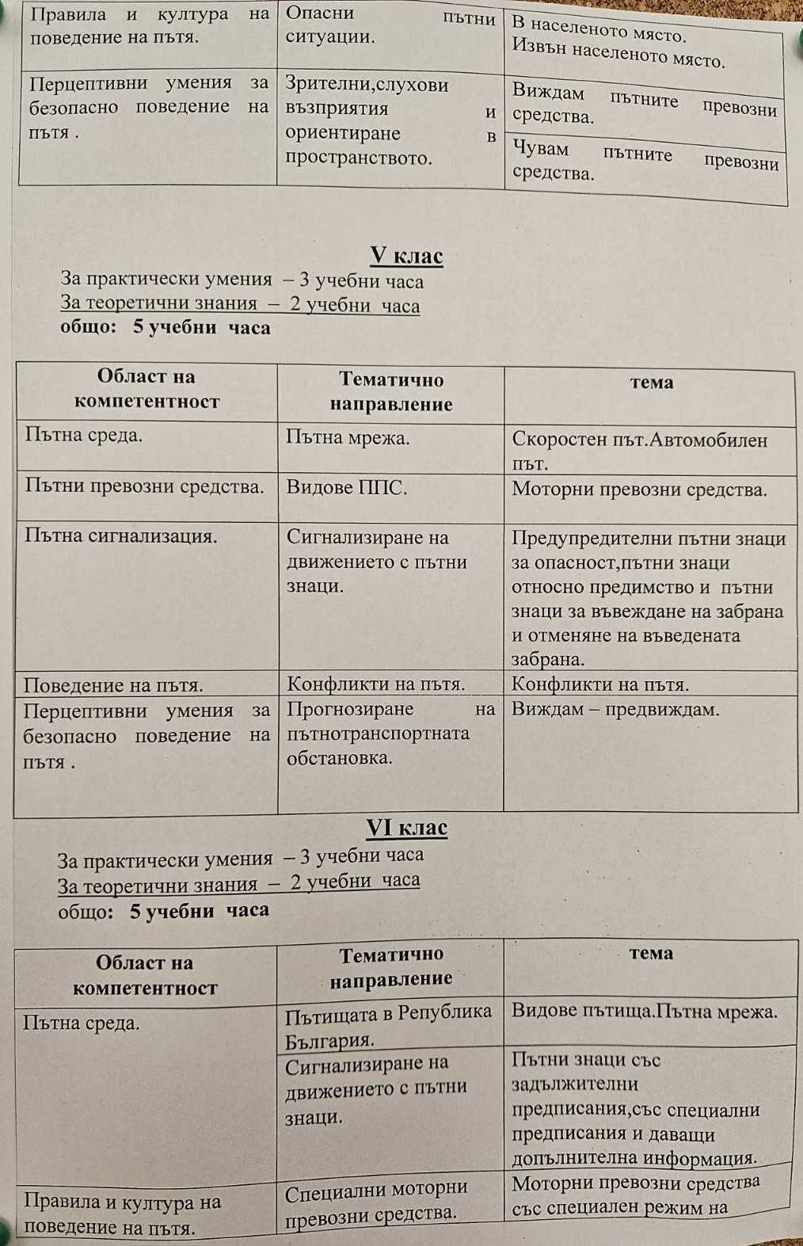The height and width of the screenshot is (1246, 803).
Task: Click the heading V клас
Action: click(406, 256)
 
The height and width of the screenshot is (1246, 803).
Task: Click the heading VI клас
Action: click(406, 828)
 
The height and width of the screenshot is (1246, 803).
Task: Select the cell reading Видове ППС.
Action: click(347, 488)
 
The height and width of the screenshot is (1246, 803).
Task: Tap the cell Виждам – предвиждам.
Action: click(615, 710)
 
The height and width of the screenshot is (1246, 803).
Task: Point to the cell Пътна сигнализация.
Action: click(120, 536)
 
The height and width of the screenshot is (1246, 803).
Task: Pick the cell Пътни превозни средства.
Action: click(144, 486)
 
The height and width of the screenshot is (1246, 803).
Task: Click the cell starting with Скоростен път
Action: click(640, 451)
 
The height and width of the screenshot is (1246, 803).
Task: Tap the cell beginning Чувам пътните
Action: click(645, 162)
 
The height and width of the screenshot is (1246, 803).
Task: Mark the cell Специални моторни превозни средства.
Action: click(376, 1201)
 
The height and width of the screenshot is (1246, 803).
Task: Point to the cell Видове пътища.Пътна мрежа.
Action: click(644, 1012)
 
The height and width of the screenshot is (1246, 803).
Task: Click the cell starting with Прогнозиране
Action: click(390, 734)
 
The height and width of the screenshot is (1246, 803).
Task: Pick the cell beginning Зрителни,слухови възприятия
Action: click(390, 121)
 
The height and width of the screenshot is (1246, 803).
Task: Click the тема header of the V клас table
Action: click(651, 383)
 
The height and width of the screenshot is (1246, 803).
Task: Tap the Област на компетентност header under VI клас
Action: click(144, 975)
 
